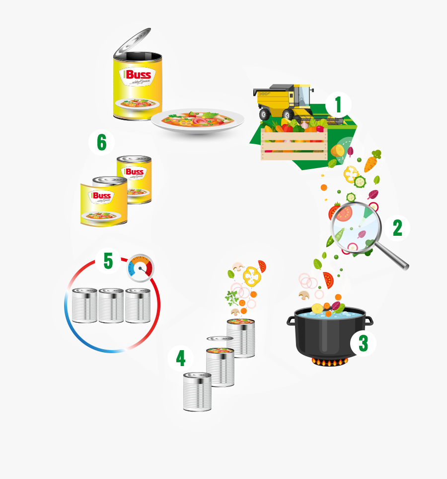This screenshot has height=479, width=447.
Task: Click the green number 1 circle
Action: tap(339, 105)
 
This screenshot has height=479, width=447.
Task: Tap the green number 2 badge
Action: tap(397, 228)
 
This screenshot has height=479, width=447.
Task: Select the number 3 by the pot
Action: tap(363, 343)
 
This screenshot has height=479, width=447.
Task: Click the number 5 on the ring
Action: tap(108, 261)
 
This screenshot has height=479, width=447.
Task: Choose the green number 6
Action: tap(101, 143)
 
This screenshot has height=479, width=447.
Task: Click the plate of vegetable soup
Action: tap(198, 120)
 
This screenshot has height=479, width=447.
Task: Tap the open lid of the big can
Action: tap(133, 42)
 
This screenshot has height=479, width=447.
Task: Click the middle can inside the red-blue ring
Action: tap(111, 305)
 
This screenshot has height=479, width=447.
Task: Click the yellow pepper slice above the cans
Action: tap(252, 276)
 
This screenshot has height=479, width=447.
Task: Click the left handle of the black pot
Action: tap(291, 320)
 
